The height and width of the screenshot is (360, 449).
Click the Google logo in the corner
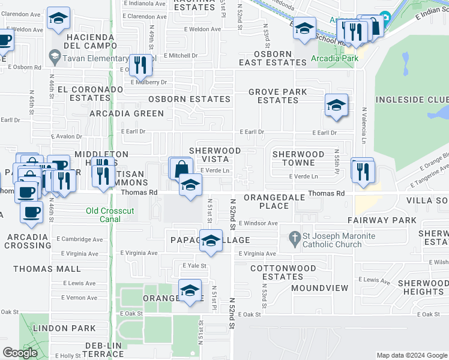(20, 353)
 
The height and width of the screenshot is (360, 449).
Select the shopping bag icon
(180, 169)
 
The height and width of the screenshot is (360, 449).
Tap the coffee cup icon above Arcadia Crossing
(31, 211)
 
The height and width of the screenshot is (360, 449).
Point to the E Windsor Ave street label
(258, 223)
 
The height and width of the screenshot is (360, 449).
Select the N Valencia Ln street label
(363, 126)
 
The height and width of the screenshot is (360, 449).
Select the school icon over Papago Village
(211, 241)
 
